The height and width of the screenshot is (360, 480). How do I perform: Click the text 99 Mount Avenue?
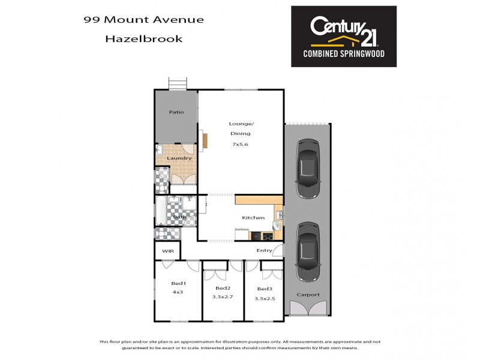[143, 19]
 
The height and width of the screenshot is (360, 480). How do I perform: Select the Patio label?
[176, 112]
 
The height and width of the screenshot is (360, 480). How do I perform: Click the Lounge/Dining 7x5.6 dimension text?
[240, 144]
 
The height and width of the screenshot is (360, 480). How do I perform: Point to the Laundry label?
[179, 158]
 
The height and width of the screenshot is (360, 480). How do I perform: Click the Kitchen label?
[253, 218]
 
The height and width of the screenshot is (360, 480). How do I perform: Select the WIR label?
[167, 251]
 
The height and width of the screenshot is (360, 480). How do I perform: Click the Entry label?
[264, 250]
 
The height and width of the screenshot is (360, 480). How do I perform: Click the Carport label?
[308, 295]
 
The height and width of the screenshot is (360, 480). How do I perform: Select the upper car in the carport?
[307, 169]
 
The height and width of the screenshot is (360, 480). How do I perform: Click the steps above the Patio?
[176, 84]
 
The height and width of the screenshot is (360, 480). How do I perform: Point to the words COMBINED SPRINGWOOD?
[343, 54]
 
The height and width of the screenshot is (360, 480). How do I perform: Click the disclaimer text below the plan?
[240, 344]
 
